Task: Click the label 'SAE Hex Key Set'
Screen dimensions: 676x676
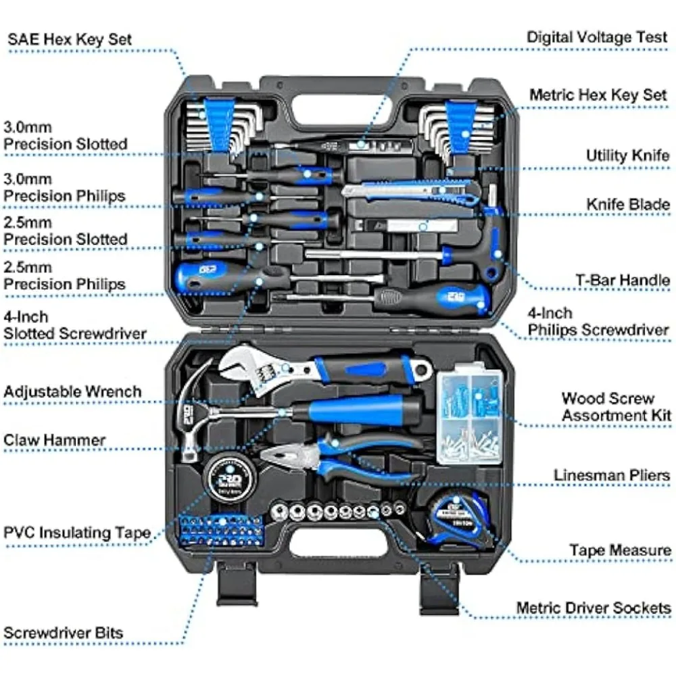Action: pos(70,39)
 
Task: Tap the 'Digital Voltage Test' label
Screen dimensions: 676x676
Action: pos(598,37)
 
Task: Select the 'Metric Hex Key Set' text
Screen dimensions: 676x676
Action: pos(598,95)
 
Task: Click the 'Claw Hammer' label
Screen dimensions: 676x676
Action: pos(55,440)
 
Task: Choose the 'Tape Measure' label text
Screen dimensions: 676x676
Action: pos(620,550)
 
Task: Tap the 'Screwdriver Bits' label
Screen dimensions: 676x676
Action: pos(64,633)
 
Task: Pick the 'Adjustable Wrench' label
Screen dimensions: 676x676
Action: pos(73,391)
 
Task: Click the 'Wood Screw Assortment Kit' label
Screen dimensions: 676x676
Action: pos(616,407)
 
